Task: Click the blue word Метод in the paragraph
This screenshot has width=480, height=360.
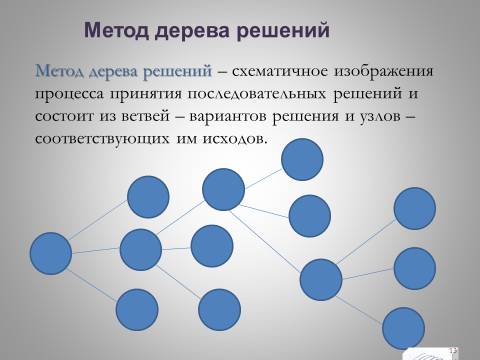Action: pyautogui.click(x=60, y=71)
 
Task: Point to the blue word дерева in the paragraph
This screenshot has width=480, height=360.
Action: pyautogui.click(x=114, y=72)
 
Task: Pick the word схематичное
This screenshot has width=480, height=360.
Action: pyautogui.click(x=280, y=72)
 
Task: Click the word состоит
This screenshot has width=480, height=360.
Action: pyautogui.click(x=64, y=117)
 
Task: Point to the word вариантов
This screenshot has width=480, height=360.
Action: pyautogui.click(x=228, y=117)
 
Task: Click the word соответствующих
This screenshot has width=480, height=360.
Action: pyautogui.click(x=103, y=139)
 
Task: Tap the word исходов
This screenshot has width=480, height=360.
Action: pyautogui.click(x=235, y=139)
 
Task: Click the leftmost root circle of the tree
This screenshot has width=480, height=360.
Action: pyautogui.click(x=51, y=254)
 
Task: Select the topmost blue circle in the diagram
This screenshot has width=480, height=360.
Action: pyautogui.click(x=302, y=159)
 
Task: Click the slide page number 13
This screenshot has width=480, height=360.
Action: pyautogui.click(x=453, y=350)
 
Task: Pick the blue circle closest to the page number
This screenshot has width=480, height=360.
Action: pyautogui.click(x=403, y=328)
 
